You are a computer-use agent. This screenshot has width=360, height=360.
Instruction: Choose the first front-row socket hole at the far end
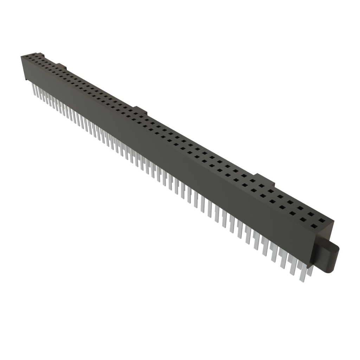24,58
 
